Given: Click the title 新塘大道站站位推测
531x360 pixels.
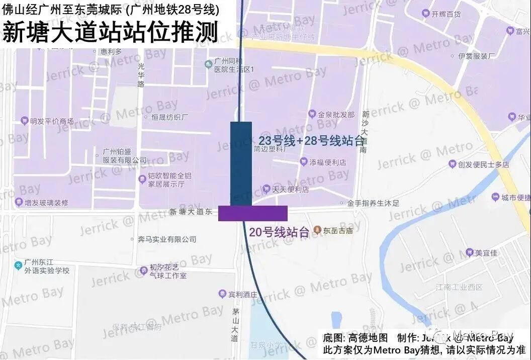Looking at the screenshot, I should pos(111,33).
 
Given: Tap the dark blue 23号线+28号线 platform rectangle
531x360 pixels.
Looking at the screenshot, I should pos(241,163).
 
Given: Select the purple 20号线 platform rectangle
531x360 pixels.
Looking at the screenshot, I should pos(253,213).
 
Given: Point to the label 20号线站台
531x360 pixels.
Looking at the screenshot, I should pos(279,232).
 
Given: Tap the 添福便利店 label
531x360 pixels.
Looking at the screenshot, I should pos(327,162).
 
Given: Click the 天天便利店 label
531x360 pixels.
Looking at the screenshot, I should pos(290,190).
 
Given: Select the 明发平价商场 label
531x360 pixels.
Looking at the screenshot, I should pos(51,121).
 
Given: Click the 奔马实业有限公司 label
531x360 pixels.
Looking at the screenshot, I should pos(167,239).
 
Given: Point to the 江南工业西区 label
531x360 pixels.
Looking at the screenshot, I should pos(459,287).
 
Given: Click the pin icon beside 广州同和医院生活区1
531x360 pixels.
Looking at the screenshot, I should pos(209,64).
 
